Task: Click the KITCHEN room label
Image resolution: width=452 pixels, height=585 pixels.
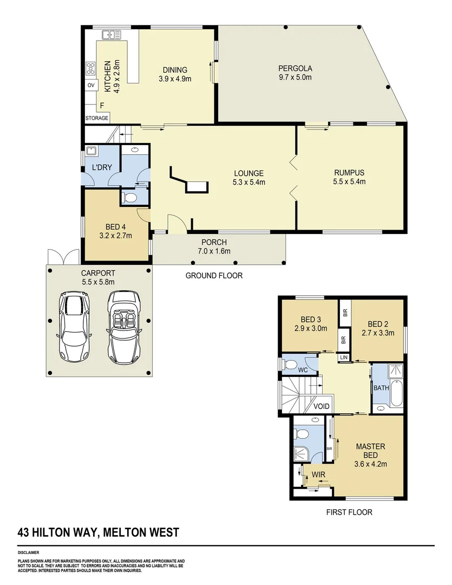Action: pos(107,76)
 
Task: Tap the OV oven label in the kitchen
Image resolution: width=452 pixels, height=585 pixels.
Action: pos(90,86)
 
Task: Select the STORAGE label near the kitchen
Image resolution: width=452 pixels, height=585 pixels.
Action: pos(97,118)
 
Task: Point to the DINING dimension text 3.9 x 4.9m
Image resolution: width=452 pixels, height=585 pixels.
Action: pos(175,79)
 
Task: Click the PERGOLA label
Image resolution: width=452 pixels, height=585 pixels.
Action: pos(295,68)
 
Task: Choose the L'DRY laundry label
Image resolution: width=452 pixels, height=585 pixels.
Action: pos(101,167)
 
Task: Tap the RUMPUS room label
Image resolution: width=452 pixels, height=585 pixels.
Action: pos(349,173)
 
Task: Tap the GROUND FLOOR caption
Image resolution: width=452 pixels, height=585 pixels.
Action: pos(214,275)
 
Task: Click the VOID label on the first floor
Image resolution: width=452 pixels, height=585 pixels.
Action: pos(322,406)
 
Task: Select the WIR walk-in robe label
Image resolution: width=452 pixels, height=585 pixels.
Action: pos(317,475)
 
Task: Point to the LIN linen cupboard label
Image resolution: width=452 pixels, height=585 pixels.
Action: pos(344,357)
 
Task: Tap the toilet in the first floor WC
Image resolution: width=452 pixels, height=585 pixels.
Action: pos(291,365)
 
